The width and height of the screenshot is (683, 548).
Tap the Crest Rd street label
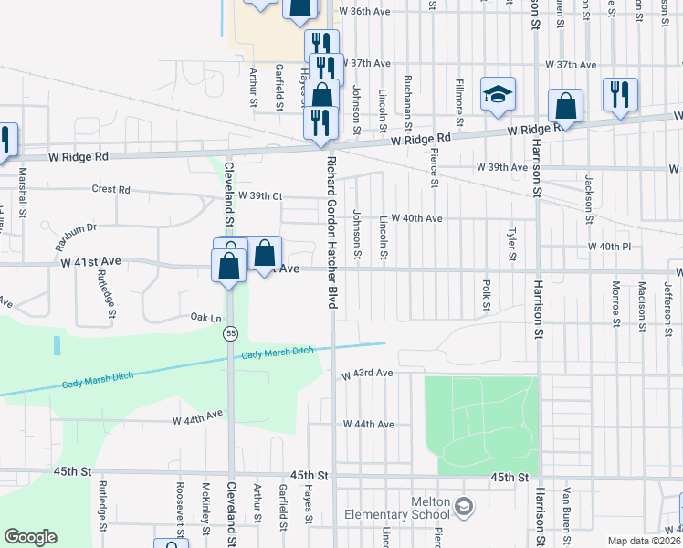click(x=111, y=190)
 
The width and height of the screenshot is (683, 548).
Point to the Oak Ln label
click(x=205, y=317)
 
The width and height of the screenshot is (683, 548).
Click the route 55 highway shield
click(x=232, y=335)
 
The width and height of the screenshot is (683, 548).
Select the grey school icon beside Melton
click(x=464, y=505)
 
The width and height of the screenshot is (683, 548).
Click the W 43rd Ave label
click(x=367, y=374)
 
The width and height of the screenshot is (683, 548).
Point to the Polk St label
click(x=485, y=294)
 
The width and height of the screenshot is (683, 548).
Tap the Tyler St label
click(x=511, y=241)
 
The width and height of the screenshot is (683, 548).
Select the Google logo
click(x=30, y=537)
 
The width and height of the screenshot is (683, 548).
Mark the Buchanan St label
click(x=408, y=100)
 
